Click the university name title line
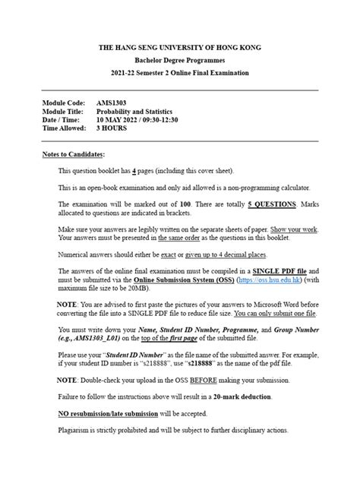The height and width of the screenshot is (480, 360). tap(180, 47)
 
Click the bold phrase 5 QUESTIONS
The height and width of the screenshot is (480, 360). tap(276, 204)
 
